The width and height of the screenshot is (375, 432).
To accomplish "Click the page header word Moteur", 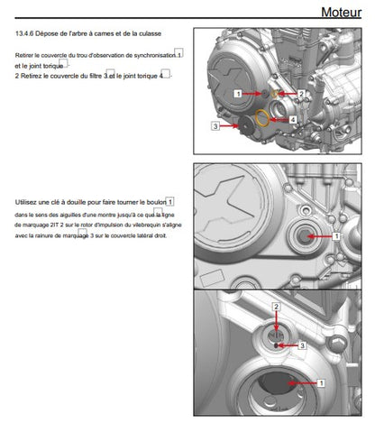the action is [x=341, y=13].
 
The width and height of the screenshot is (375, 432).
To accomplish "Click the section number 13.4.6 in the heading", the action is [x=24, y=33].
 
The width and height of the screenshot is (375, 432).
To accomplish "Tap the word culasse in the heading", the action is [x=150, y=33].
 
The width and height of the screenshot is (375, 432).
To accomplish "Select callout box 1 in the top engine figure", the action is [x=238, y=94].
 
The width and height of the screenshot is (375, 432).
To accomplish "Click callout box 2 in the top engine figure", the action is [x=301, y=94].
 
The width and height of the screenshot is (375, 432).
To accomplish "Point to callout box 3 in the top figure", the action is [x=215, y=126].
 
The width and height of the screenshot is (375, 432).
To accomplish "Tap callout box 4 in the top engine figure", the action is [x=293, y=120].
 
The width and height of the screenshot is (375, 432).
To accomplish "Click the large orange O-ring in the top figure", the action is [x=262, y=118].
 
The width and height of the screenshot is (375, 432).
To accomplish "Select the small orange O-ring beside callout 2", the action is [x=274, y=94].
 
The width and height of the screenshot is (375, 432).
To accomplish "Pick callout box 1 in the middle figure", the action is [x=336, y=236].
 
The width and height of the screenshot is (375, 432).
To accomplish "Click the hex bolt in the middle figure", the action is [x=304, y=236].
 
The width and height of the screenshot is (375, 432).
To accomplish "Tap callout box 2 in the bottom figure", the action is [x=276, y=307].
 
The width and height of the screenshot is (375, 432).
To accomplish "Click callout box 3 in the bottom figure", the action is [x=302, y=345].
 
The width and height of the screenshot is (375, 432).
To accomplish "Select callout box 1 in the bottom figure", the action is [x=321, y=383].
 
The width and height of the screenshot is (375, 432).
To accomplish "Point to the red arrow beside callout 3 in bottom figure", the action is [x=288, y=345].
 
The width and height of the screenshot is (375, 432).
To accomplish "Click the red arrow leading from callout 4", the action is [x=279, y=120].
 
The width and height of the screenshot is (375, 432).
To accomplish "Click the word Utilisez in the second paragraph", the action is [x=26, y=202].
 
